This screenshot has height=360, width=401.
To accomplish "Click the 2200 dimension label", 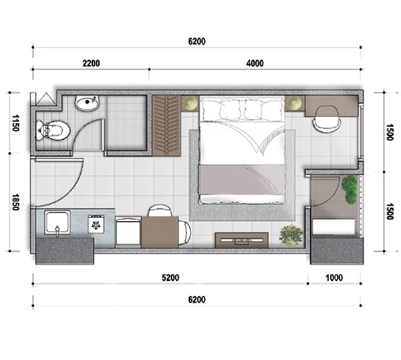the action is (91, 64).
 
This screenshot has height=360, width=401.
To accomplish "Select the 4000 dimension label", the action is (255, 64).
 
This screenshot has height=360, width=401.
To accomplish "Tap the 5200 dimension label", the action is (170, 278).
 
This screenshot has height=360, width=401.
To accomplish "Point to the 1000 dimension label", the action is (334, 278).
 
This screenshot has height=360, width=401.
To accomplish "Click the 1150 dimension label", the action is (15, 123).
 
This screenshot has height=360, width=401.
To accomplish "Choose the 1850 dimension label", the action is (15, 202).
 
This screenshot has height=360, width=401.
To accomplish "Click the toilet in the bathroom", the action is (53, 130).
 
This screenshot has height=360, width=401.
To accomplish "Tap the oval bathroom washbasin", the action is (87, 103).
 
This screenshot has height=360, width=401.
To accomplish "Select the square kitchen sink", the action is (57, 223).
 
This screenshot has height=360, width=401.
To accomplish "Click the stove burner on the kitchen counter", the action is (96, 224).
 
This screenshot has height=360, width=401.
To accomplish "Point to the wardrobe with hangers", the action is (166, 125).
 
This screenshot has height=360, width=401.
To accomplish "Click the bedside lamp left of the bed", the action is (190, 104).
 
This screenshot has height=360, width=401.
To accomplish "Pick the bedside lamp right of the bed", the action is (294, 104).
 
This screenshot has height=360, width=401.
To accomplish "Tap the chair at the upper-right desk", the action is (327, 119).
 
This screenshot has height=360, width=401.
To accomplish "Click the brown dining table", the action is (160, 232).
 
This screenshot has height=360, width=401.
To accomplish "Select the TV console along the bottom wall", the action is (242, 240).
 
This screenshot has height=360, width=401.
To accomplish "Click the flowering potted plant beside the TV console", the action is (291, 236).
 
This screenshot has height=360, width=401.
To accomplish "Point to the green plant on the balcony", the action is (350, 190).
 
